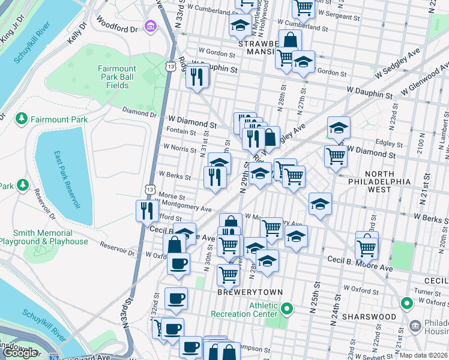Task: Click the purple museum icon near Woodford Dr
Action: click(x=149, y=26)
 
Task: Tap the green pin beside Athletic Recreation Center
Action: click(x=287, y=309)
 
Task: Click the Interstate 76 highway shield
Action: click(x=55, y=356)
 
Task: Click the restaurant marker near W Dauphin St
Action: click(x=196, y=76)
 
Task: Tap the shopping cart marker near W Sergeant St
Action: click(x=303, y=7)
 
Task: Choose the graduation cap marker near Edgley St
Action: click(x=339, y=128)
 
